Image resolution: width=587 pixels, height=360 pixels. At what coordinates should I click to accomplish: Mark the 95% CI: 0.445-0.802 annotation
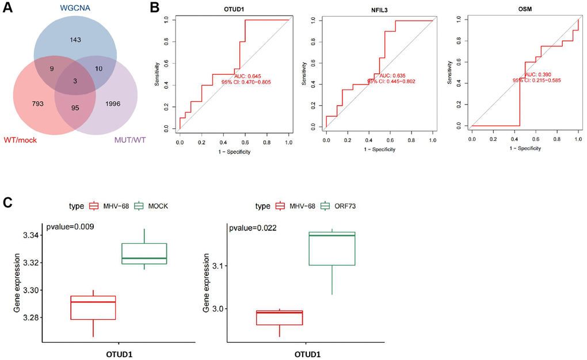pos(391,81)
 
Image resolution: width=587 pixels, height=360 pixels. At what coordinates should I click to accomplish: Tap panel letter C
pos(7,202)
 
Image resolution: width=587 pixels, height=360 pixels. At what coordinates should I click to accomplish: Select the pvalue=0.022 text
pos(253,228)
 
